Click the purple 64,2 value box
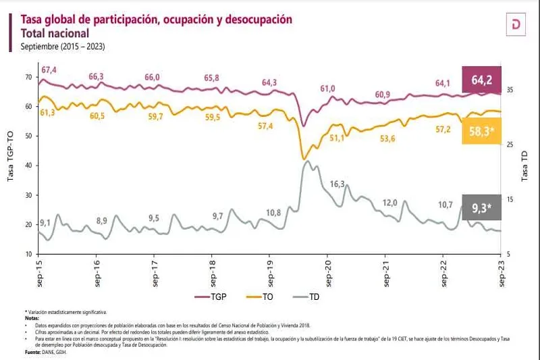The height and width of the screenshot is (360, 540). [481, 80]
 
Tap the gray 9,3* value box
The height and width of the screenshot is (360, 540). [481, 207]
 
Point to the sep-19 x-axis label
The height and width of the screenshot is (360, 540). [271, 272]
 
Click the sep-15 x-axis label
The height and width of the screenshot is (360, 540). [40, 272]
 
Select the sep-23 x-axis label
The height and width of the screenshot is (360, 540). [502, 272]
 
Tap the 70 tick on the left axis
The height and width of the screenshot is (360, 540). [28, 77]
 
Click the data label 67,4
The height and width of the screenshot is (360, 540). [49, 70]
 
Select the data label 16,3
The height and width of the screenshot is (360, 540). [337, 184]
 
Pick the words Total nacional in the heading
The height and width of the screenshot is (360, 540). [55, 33]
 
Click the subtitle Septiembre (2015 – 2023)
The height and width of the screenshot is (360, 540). [63, 47]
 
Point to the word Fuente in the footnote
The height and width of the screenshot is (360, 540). [32, 353]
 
